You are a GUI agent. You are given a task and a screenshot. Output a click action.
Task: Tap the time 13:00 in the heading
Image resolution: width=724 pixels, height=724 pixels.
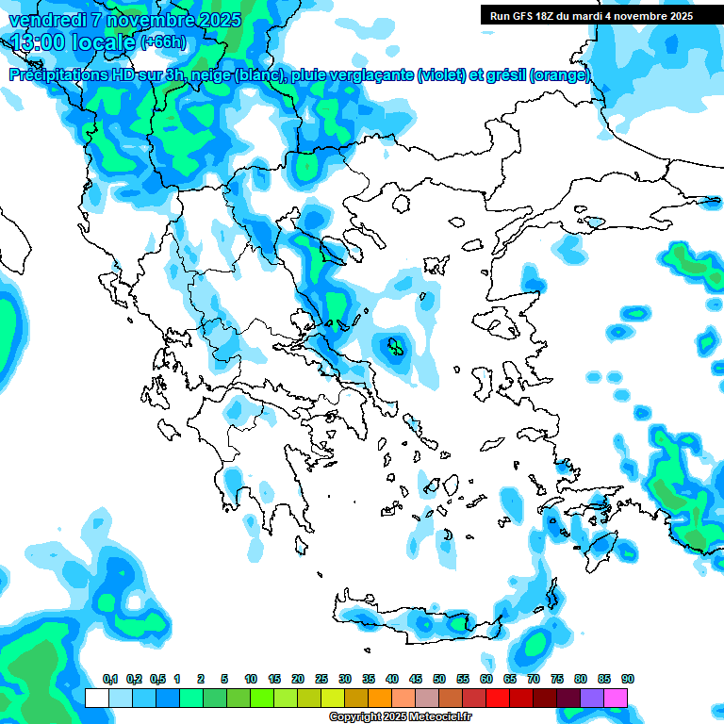click(x=39, y=43)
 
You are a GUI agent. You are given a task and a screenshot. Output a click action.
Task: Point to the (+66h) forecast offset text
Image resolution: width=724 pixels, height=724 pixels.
click(x=163, y=43)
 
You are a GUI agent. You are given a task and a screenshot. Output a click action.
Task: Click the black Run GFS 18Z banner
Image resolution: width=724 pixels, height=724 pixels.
click(x=591, y=15)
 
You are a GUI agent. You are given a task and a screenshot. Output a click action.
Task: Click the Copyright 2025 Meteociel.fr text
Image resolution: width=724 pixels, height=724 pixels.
click(x=400, y=717)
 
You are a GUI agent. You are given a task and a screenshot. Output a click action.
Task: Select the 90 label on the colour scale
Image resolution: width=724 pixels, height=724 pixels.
click(x=628, y=679)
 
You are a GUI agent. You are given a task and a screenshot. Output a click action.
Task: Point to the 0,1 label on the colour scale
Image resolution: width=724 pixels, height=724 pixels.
click(x=110, y=679)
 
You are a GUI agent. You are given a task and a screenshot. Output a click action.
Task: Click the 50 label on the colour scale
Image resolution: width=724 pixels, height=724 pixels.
click(x=439, y=679)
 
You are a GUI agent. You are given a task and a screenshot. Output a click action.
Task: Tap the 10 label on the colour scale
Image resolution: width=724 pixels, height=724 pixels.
click(x=251, y=679)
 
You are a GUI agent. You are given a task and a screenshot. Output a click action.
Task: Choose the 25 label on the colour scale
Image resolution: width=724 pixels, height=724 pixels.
click(x=321, y=679)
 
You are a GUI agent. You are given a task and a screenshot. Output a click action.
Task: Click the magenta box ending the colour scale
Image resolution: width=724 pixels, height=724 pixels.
click(x=616, y=698)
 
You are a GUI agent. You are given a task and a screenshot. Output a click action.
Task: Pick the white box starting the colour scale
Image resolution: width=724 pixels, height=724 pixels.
click(x=97, y=698)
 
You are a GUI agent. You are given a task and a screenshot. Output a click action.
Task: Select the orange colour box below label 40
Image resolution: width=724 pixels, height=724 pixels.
click(x=380, y=698)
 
